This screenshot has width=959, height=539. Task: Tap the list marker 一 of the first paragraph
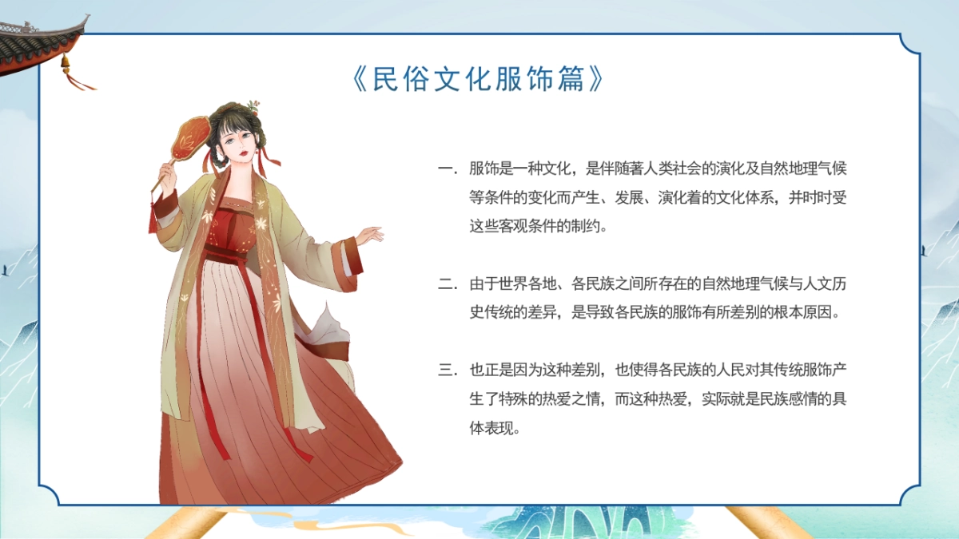tap(445, 169)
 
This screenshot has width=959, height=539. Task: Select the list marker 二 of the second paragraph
tap(445, 284)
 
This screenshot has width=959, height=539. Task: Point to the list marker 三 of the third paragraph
tap(445, 371)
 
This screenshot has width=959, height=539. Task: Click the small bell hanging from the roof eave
tap(66, 61)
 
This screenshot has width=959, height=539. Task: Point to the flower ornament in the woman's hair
tap(253, 106)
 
